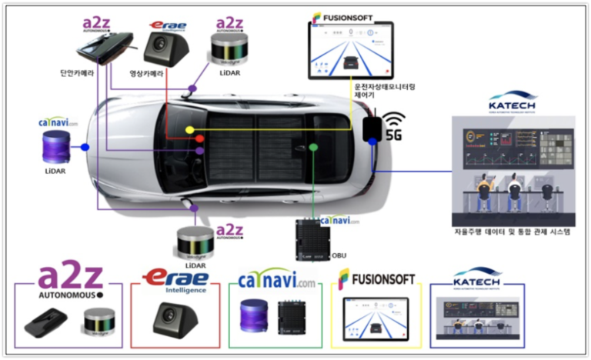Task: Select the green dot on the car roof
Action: (x=312, y=146)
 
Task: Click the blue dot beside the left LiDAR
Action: (x=85, y=146)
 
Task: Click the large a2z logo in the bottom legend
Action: (x=71, y=278)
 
